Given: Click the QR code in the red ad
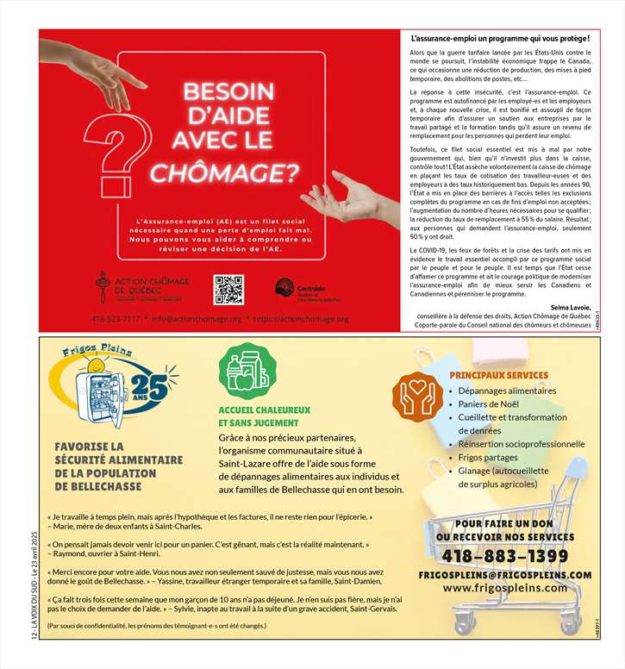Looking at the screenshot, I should coord(228,290).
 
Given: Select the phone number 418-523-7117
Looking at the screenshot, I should coord(116,319).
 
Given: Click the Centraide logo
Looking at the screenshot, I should coord(298,290).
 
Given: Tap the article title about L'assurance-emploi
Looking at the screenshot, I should coord(500,40).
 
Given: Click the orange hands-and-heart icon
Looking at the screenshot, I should coord(418,396).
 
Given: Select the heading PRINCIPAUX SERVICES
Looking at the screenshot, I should coord(498,375).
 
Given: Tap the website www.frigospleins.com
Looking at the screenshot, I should coord(505,588).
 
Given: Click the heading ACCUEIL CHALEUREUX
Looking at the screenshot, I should coord(264,410).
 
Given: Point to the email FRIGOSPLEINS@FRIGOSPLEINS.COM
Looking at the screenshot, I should coord(505,574).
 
